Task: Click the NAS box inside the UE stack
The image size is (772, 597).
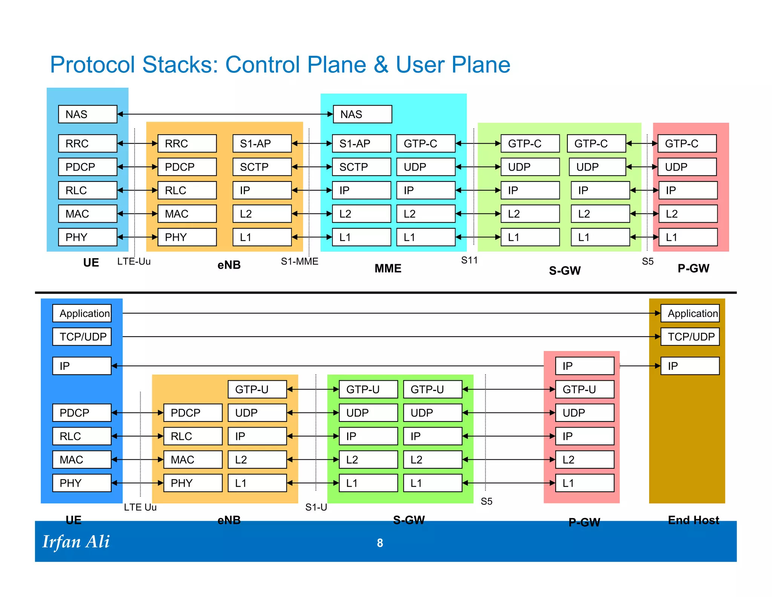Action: click(87, 114)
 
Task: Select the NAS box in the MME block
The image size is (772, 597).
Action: click(362, 114)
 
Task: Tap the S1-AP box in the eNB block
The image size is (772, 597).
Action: click(262, 143)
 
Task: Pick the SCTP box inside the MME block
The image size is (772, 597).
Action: click(361, 167)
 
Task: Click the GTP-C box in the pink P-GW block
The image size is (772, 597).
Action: click(687, 143)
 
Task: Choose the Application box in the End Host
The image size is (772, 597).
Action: click(690, 313)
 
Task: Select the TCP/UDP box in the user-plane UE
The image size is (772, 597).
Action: click(82, 337)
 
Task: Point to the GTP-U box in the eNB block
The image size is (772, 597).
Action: click(257, 389)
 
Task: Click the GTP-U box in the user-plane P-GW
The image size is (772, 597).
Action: click(585, 389)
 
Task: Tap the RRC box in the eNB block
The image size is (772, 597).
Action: click(187, 143)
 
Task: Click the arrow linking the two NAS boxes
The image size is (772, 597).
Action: click(225, 114)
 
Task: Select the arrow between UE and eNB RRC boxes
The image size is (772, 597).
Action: click(137, 143)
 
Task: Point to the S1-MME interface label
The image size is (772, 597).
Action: click(299, 261)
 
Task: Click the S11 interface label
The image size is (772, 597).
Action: click(469, 260)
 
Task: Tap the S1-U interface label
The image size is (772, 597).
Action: click(316, 507)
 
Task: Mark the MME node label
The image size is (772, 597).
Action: click(388, 268)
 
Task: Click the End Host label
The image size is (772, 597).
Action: click(693, 520)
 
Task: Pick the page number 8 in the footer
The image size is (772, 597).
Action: click(380, 543)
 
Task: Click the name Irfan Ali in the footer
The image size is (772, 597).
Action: click(76, 542)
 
